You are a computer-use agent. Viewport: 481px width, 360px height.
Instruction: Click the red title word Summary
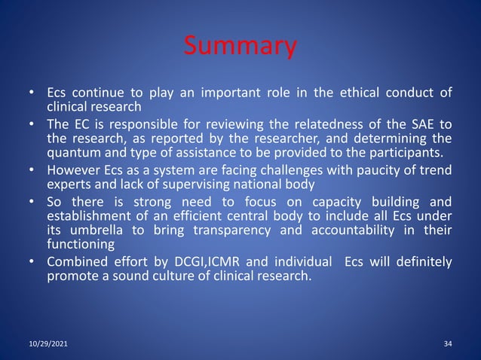click(x=240, y=47)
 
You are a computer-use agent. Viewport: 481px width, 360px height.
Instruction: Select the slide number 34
click(x=448, y=343)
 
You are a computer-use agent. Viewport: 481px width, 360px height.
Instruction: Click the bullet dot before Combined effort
click(x=31, y=262)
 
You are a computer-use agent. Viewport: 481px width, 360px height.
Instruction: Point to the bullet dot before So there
click(x=31, y=203)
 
